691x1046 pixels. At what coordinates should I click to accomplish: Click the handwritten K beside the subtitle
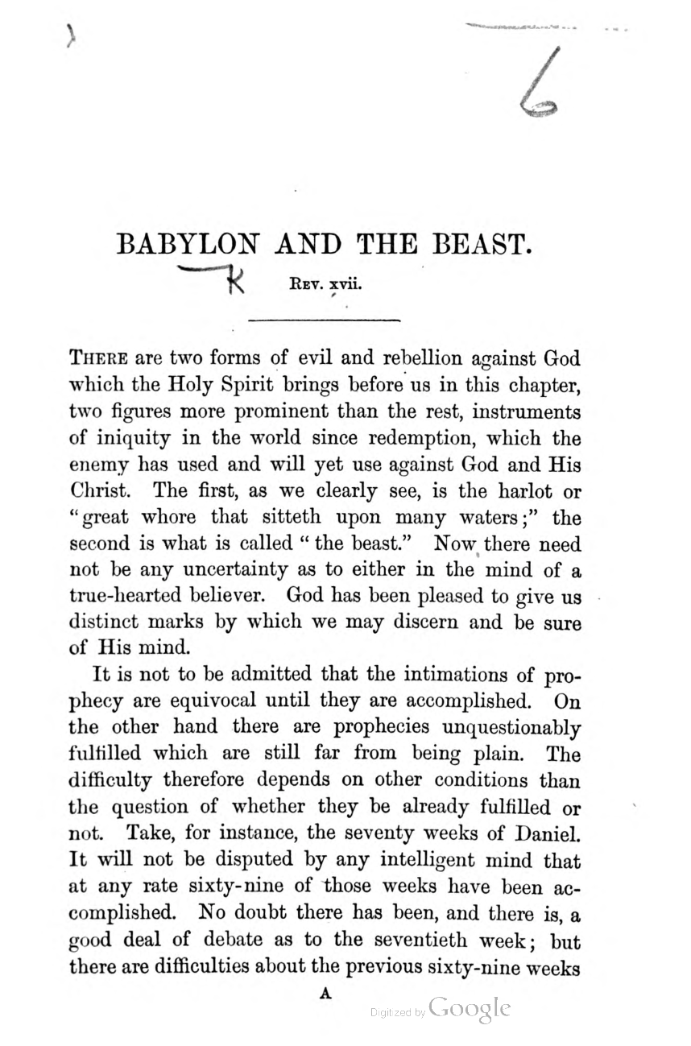236,281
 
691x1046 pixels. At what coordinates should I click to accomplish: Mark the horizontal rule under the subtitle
325,321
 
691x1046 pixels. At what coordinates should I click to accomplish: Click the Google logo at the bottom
470,1009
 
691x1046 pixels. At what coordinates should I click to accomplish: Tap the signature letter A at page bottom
325,994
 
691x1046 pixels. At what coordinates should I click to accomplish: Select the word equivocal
208,701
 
